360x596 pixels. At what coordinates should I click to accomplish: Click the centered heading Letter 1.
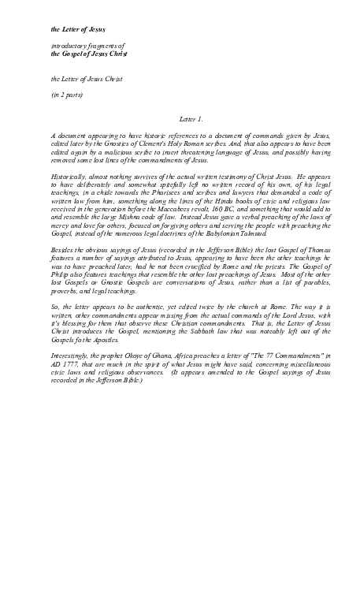click(191, 119)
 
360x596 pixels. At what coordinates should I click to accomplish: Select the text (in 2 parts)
click(69, 95)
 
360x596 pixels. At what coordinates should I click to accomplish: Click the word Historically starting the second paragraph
click(72, 177)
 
